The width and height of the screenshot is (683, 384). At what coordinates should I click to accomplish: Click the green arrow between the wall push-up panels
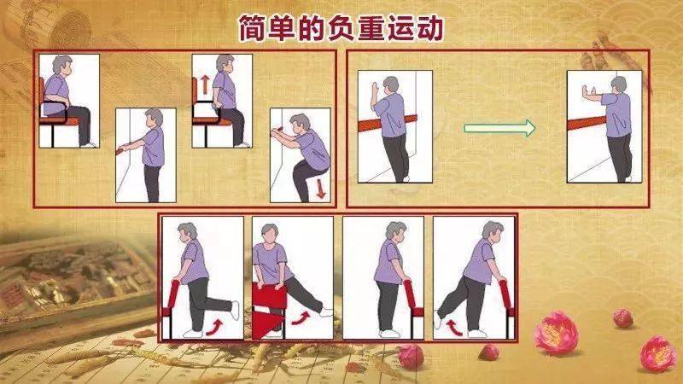[x=499, y=129]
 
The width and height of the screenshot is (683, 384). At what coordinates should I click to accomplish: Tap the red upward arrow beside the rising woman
[x=206, y=84]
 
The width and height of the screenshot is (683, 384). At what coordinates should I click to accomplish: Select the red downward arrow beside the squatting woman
[x=320, y=188]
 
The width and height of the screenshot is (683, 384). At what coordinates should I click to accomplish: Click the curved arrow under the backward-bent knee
[x=213, y=325]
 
